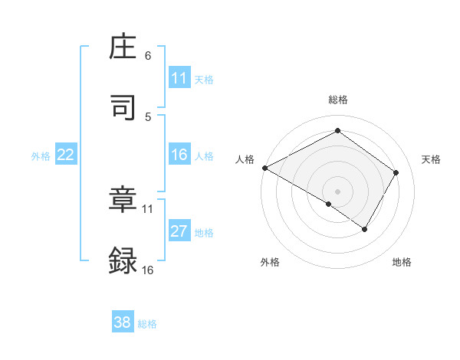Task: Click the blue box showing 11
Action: (x=179, y=78)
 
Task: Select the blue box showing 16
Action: (x=179, y=155)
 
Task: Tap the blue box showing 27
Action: (x=179, y=231)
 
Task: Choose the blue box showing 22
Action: (x=66, y=155)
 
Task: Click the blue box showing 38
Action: (x=123, y=322)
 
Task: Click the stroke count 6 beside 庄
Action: (x=148, y=56)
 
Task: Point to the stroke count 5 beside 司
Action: (x=148, y=116)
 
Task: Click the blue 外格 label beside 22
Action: (x=41, y=156)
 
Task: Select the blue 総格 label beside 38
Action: (x=147, y=324)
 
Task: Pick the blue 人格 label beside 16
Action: (x=204, y=156)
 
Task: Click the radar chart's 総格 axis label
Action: (x=337, y=100)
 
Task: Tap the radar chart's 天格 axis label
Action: (x=431, y=159)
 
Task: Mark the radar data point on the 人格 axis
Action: (x=264, y=167)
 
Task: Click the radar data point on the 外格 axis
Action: (x=329, y=204)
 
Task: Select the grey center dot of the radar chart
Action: (x=337, y=190)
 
